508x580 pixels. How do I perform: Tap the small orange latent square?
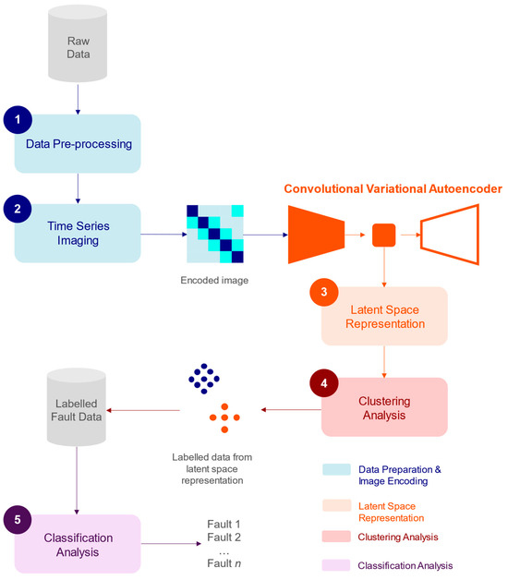point(383,235)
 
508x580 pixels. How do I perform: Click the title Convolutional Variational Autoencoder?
point(393,188)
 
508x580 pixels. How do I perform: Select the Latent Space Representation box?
point(383,316)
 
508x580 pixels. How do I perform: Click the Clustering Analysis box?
point(383,406)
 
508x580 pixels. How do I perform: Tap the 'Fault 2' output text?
point(224,538)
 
